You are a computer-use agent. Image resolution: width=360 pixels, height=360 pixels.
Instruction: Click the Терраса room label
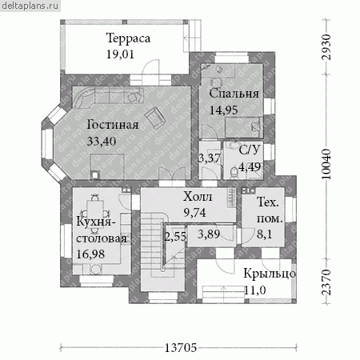[x=128, y=38]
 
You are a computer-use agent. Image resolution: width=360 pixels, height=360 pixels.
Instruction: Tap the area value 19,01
[x=120, y=54]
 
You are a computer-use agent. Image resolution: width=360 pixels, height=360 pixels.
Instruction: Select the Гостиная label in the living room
[x=113, y=125]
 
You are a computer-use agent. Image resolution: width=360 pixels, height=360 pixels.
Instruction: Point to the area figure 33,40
[x=102, y=141]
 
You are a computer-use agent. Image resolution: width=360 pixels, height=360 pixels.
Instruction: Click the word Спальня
[x=234, y=94]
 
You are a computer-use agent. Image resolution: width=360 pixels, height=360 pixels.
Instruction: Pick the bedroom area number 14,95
[x=223, y=110]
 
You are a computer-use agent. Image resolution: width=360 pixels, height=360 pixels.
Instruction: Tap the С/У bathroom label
[x=249, y=150]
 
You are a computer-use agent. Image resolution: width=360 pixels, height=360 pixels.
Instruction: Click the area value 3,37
[x=210, y=158]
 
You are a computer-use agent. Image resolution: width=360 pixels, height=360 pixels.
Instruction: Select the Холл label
[x=198, y=197]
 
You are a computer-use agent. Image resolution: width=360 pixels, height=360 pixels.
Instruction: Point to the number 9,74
[x=194, y=213]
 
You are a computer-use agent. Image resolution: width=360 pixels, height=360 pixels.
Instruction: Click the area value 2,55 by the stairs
[x=175, y=237]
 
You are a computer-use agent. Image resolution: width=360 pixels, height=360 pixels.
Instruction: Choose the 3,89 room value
[x=209, y=234]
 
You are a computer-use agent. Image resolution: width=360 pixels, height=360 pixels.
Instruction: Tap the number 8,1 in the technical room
[x=265, y=234]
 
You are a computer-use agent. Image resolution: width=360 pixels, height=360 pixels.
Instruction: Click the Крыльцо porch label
[x=270, y=274]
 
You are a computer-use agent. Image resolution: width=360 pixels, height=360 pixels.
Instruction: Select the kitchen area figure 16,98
[x=90, y=254]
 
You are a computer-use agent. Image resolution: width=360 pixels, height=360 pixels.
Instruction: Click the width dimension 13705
[x=181, y=348]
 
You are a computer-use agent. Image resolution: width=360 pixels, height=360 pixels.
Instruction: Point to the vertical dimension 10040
[x=326, y=164]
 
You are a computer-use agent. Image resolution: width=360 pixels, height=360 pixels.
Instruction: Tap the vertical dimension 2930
[x=326, y=47]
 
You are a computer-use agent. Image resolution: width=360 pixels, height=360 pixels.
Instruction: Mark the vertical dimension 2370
[x=326, y=282]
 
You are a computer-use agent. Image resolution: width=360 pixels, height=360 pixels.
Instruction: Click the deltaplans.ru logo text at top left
[x=30, y=6]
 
